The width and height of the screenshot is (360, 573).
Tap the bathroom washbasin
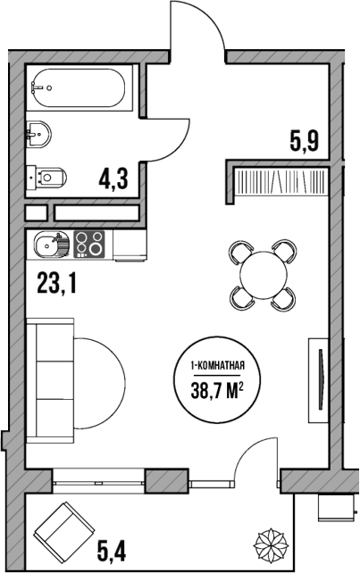(x=39, y=135)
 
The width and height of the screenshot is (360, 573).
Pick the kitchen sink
(x=50, y=242)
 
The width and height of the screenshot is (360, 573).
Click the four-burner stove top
(x=88, y=242)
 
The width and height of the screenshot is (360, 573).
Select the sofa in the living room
(x=48, y=381)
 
